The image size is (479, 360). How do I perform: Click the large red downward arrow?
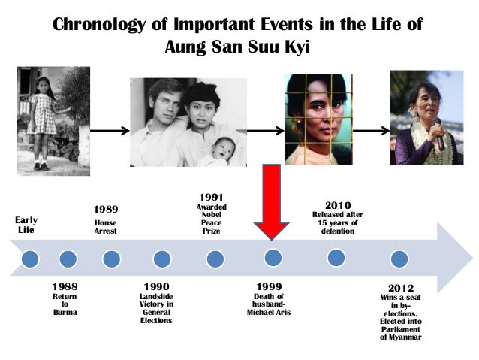coord(271,201)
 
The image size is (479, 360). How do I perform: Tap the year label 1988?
coord(65,287)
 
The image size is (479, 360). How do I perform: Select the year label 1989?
coord(105,208)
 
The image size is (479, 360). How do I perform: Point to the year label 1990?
coord(156,287)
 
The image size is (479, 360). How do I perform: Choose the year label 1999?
coord(269,287)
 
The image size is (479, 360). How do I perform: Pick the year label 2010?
coord(338,204)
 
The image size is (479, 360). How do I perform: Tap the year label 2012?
coord(400,288)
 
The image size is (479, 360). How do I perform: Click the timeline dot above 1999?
coord(273,258)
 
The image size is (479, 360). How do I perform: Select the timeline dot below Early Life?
coord(29,259)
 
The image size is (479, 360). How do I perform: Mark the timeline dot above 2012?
coord(399,259)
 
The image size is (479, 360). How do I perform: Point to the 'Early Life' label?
coord(26,224)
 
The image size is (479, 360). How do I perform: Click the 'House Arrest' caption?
coord(105,227)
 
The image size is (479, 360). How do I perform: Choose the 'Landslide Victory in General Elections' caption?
coord(156,308)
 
